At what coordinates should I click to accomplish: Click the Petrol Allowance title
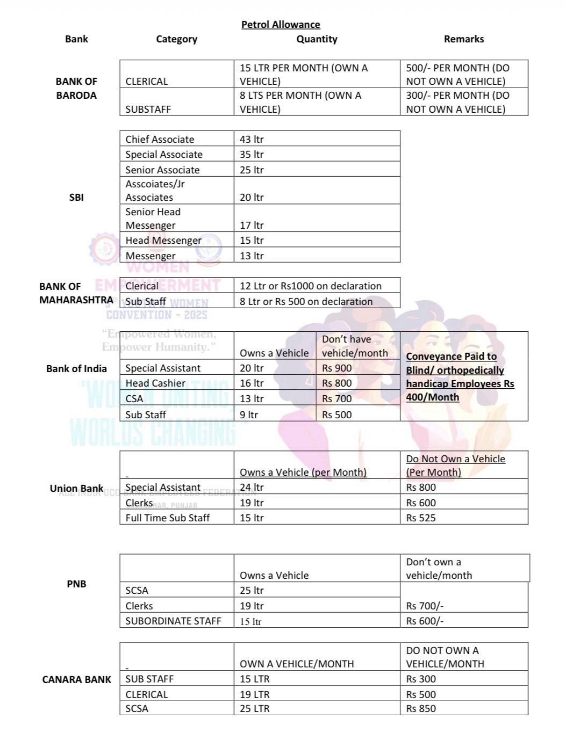coord(281,25)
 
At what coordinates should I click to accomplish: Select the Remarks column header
coord(464,39)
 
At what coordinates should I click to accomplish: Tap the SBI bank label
coord(76,197)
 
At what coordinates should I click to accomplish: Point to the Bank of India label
coord(76,369)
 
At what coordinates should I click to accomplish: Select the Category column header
coord(176,39)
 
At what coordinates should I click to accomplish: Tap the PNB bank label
coord(76,584)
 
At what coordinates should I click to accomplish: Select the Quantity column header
coord(317,39)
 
